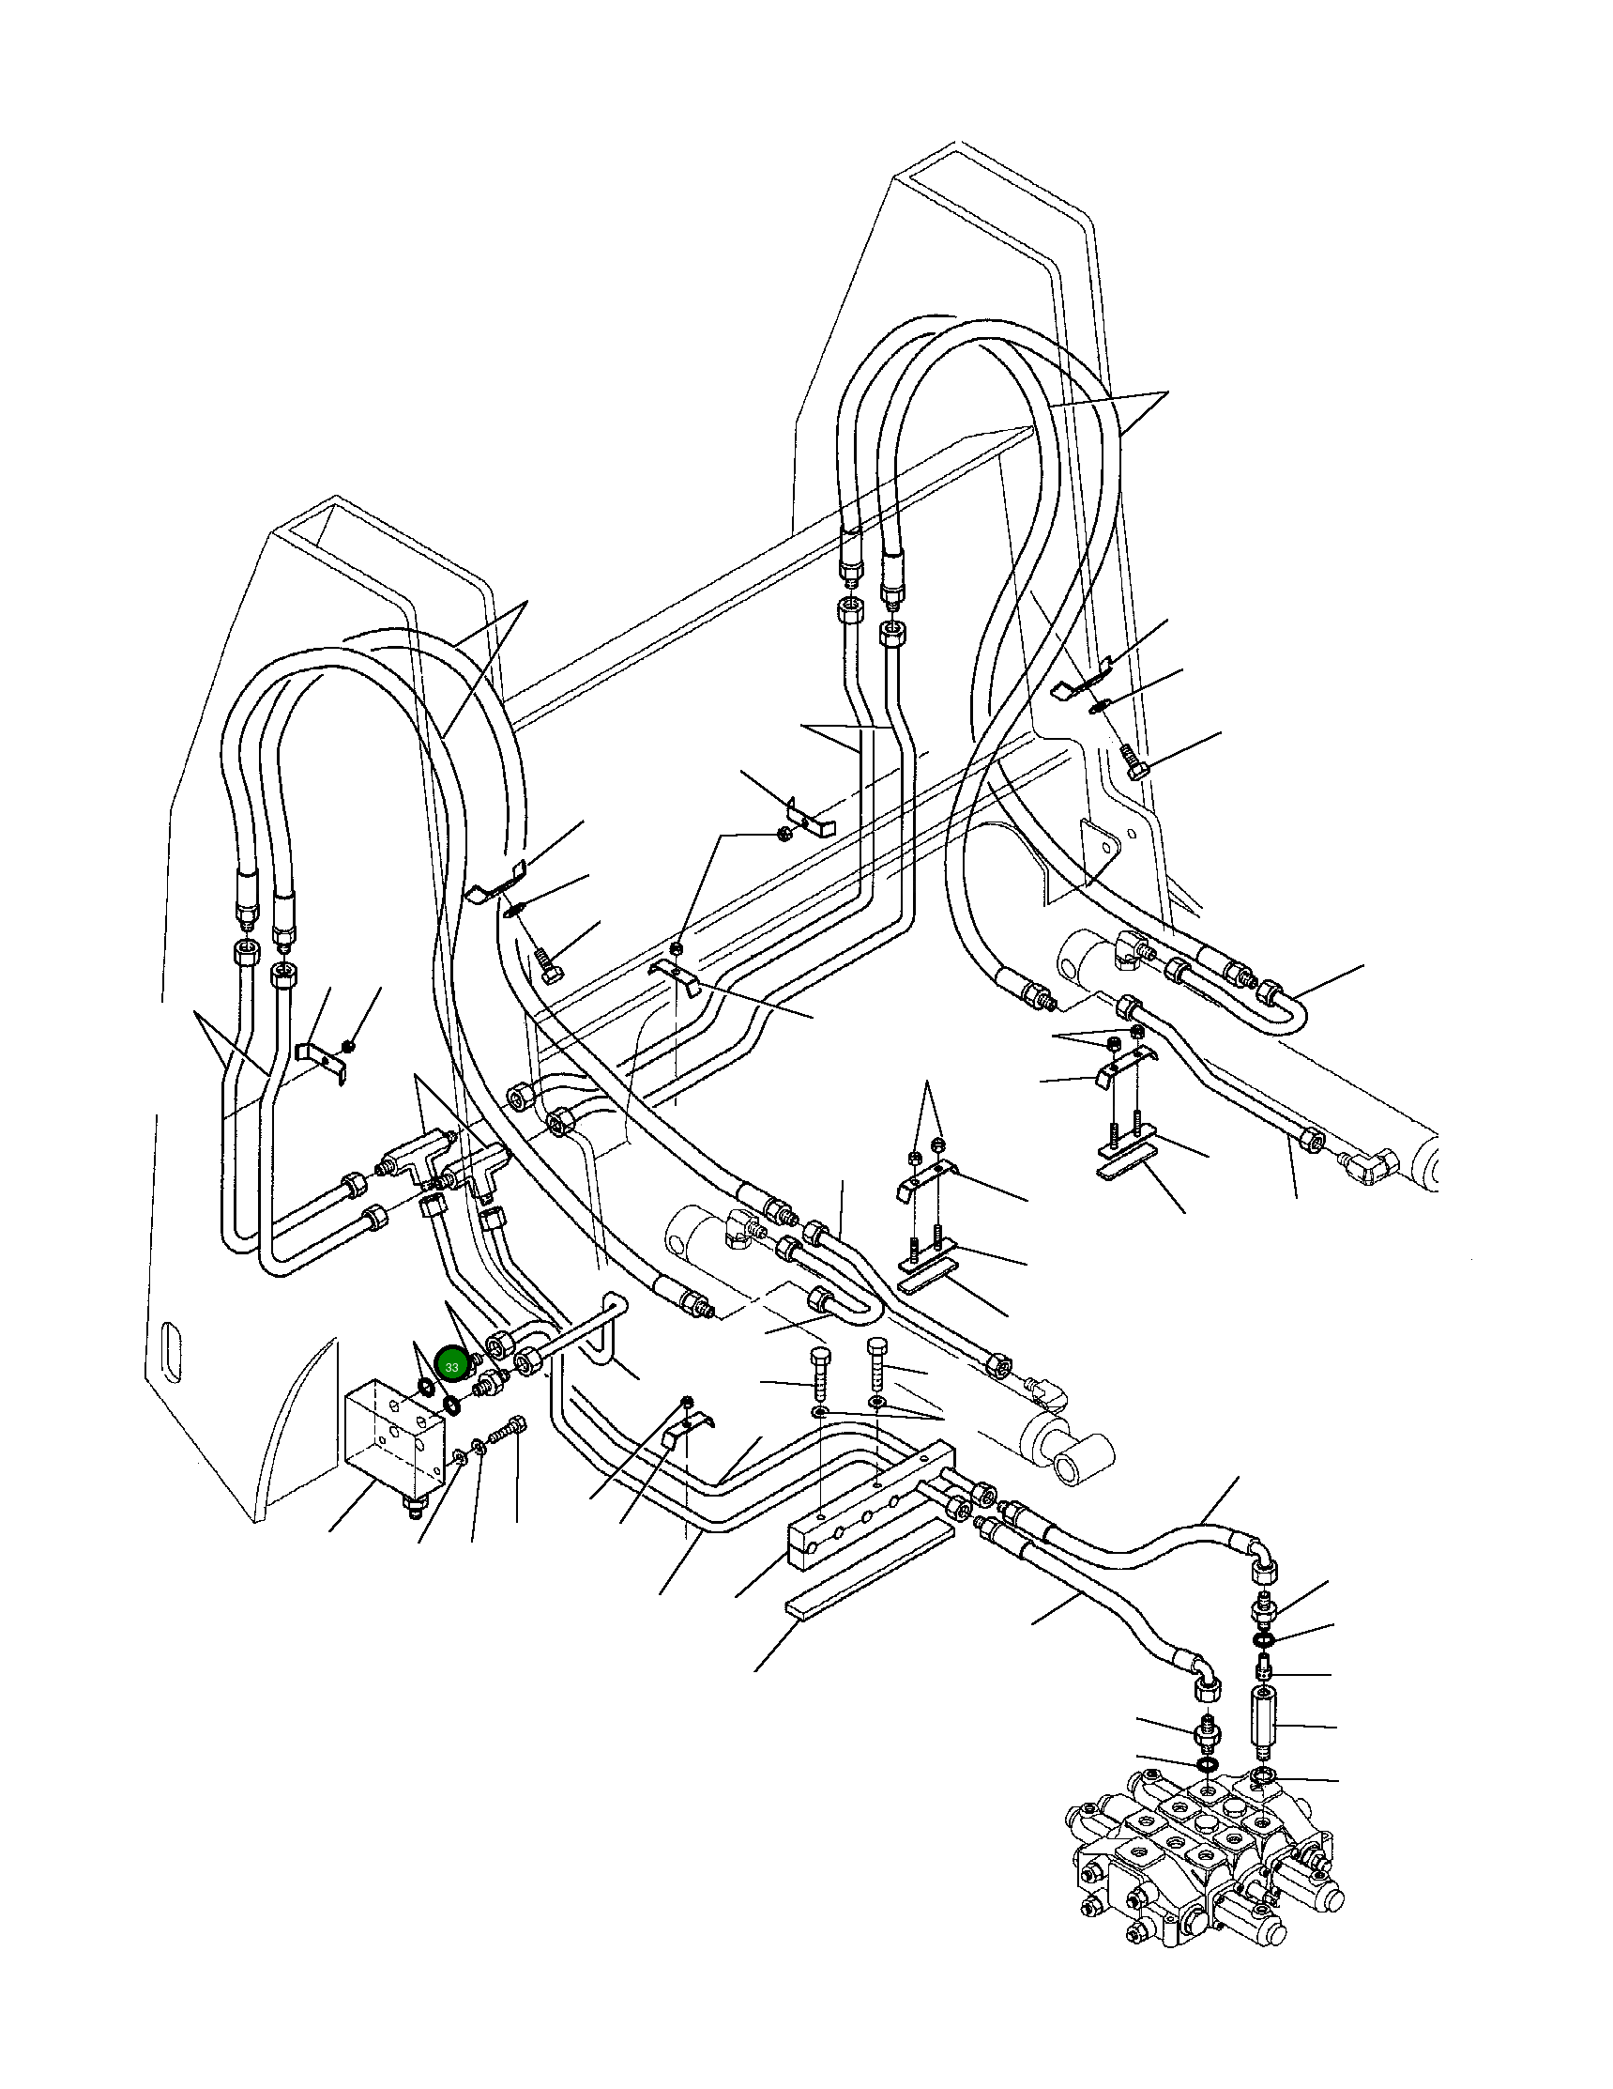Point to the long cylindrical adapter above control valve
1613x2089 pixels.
coord(1264,1728)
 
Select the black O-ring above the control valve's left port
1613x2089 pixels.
coord(1207,1763)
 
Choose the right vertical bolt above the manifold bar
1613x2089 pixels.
coord(876,1364)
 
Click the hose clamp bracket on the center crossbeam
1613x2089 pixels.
coord(673,977)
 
